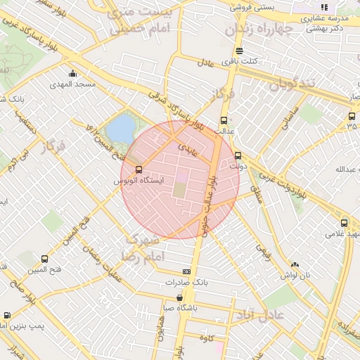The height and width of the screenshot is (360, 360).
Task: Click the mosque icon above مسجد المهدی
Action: (72, 73)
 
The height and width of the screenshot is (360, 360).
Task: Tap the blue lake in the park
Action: (120, 129)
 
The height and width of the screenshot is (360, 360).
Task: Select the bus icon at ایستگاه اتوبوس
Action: (138, 169)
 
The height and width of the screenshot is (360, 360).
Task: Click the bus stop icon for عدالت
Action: (224, 120)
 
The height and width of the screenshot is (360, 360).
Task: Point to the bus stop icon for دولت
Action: (238, 156)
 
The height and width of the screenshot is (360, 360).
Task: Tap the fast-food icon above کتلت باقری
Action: (240, 51)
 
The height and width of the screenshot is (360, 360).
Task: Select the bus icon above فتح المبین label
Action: (45, 259)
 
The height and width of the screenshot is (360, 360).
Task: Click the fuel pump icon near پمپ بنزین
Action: (7, 316)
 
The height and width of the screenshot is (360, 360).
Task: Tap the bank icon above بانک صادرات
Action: (186, 271)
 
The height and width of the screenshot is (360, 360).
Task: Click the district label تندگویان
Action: (295, 85)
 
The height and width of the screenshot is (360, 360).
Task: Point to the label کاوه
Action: (206, 339)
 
